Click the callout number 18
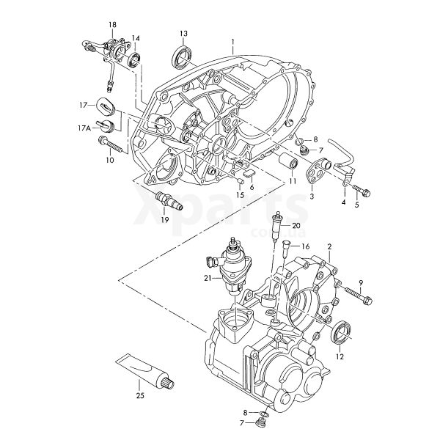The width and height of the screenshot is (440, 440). coord(112,25)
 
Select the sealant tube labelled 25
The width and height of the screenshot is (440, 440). coord(145,370)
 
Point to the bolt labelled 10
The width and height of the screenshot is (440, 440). coord(110,144)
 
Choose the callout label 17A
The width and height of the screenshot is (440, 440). coord(84,128)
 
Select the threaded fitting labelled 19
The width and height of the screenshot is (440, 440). coord(169,201)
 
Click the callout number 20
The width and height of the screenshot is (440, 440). coord(296,226)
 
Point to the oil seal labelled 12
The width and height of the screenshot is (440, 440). coord(341,333)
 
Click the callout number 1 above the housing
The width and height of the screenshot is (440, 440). coord(232,42)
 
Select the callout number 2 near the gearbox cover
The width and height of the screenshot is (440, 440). coord(329,246)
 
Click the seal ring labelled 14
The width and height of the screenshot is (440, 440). coord(134,60)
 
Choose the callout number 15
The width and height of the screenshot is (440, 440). coord(240,195)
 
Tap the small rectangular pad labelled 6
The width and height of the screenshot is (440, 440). coord(249,173)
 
